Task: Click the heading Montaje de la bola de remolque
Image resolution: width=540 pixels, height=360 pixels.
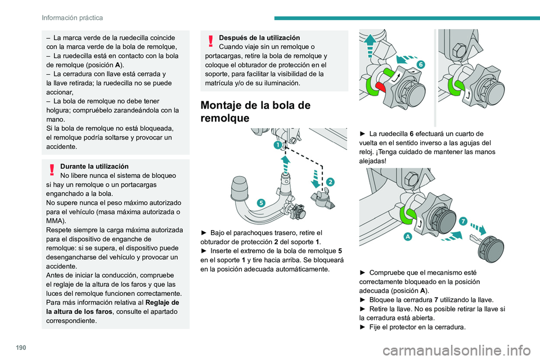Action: [x=255, y=112]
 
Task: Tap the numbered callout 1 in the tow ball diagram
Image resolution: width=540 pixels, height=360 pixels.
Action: [x=278, y=146]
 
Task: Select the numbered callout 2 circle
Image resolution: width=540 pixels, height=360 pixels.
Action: [x=330, y=182]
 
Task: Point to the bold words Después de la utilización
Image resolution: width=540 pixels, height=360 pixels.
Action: [x=259, y=38]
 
